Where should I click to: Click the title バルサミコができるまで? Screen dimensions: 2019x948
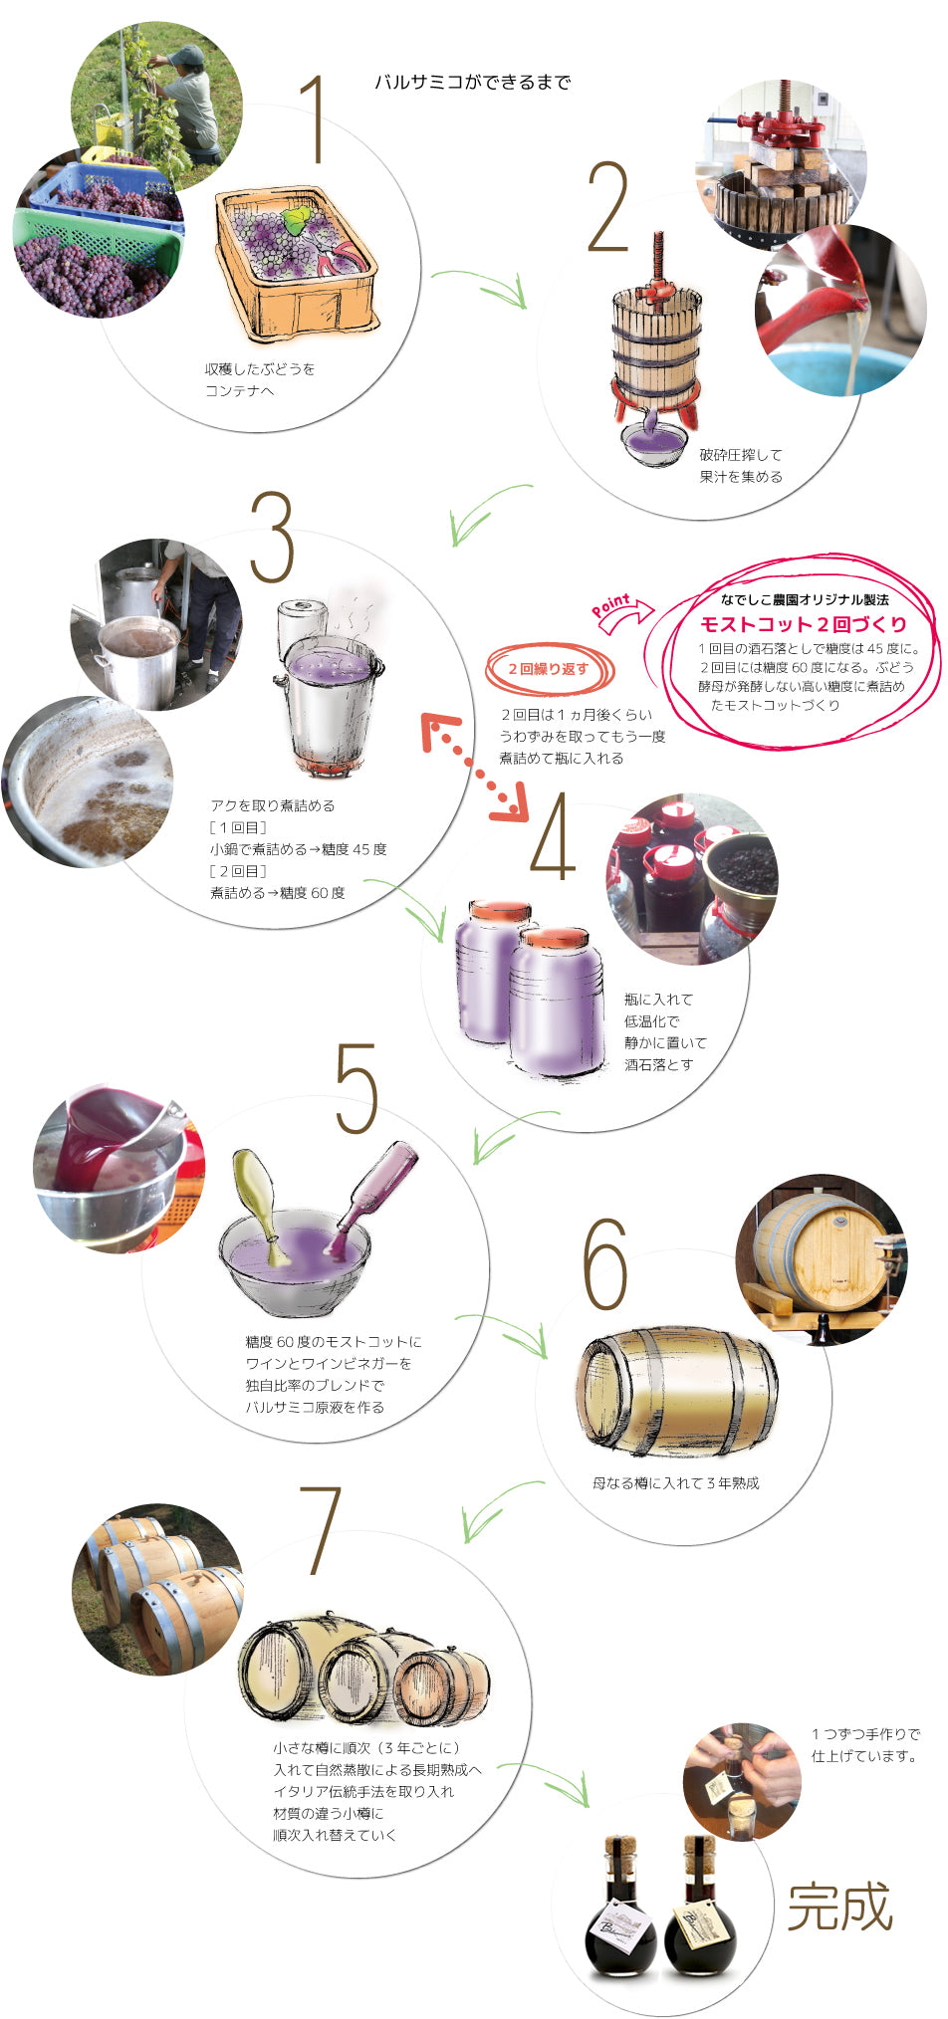(472, 83)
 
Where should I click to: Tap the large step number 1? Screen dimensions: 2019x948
(315, 120)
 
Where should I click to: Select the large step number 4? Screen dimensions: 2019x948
(554, 837)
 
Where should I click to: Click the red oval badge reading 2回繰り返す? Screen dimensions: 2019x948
(550, 669)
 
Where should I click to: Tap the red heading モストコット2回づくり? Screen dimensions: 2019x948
(804, 624)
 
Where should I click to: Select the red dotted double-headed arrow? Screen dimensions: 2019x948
(475, 768)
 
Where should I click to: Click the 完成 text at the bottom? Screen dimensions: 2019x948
(839, 1907)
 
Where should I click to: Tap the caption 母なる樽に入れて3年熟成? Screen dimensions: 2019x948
(675, 1482)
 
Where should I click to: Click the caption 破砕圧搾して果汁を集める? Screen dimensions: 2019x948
(741, 465)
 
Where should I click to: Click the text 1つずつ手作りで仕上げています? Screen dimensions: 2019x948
(864, 1744)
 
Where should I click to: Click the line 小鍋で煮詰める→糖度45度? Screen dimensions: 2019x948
(298, 849)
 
